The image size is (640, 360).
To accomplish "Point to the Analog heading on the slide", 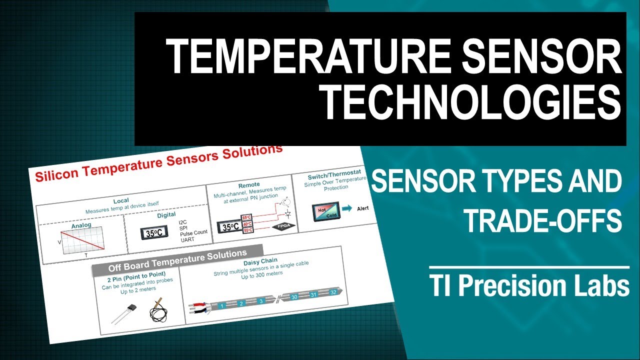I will click(x=81, y=225).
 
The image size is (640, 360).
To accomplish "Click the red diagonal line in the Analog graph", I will click(x=82, y=240).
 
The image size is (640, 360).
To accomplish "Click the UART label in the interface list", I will click(x=187, y=239).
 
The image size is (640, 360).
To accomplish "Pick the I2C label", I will click(x=183, y=221).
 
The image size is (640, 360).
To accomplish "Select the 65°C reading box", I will click(x=246, y=217).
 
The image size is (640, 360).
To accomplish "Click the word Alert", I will click(x=362, y=207).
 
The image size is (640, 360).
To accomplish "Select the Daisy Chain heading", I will click(x=260, y=261).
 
